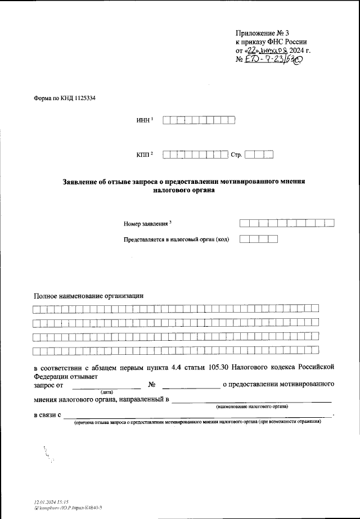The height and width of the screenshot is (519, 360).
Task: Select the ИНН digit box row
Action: click(199, 120)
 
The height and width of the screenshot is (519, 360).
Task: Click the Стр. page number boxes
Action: click(259, 154)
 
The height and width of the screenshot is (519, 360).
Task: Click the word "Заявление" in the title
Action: click(85, 181)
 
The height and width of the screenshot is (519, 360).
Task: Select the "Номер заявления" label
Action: click(146, 224)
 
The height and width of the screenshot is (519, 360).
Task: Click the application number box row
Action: click(287, 223)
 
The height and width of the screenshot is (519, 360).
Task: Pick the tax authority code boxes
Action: click(259, 239)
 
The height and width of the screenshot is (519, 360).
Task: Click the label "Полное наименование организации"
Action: click(89, 295)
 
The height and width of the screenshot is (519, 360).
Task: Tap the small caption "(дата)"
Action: click(107, 391)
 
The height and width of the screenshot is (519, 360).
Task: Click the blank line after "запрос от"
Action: click(107, 385)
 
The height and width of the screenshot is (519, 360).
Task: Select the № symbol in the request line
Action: click(151, 385)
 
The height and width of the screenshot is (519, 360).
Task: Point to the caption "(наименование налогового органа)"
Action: click(252, 405)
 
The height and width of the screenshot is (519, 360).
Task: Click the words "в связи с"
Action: click(47, 415)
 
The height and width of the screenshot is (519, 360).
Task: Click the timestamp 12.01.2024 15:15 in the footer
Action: click(51, 502)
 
